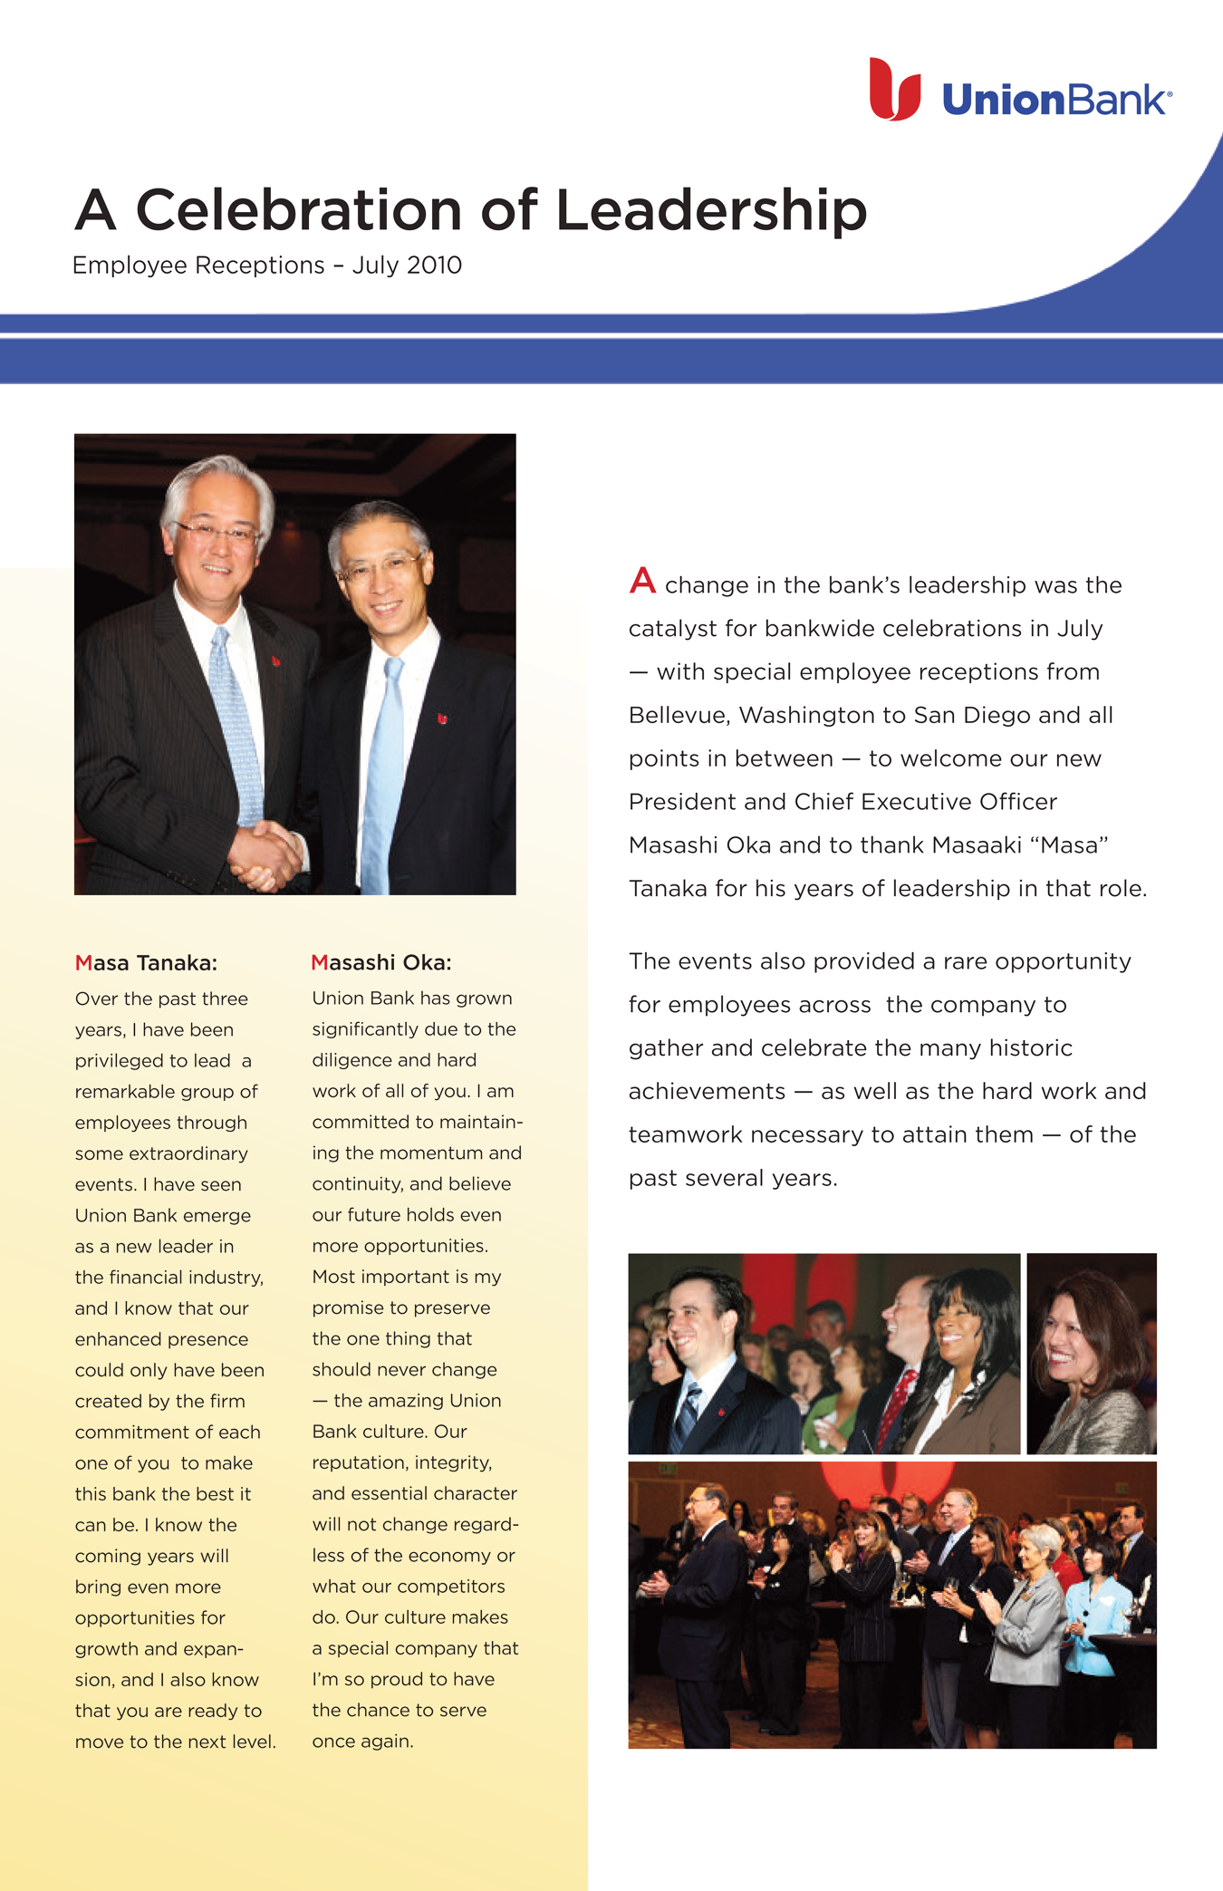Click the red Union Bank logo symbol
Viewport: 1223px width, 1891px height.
[894, 91]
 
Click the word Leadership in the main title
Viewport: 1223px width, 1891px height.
[711, 210]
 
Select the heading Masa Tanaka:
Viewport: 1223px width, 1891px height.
[146, 963]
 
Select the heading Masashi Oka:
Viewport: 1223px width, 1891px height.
[380, 962]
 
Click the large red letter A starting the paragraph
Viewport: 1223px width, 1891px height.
[642, 581]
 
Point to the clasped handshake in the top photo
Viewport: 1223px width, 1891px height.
[265, 854]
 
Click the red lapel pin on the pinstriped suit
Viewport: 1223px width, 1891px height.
[276, 661]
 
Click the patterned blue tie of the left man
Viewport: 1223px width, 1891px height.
[235, 725]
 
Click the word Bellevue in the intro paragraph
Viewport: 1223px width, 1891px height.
[679, 716]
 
